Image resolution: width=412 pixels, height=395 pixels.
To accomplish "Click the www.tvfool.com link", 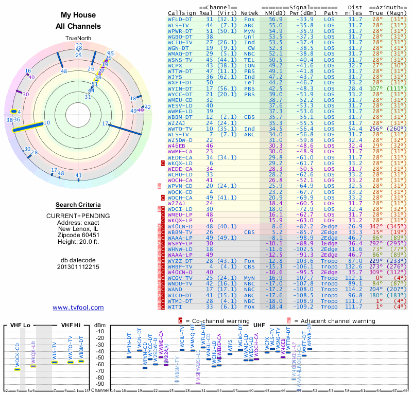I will point(78,308).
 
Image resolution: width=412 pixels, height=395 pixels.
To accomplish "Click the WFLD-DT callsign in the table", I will point(180,19).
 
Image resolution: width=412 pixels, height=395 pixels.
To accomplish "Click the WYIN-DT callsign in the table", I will point(180,88).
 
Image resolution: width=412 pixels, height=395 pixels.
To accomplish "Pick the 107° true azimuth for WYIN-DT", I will point(376,88).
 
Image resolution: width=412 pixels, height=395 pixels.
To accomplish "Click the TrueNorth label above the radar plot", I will point(78,39).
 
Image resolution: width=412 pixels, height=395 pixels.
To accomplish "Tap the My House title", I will point(78,15).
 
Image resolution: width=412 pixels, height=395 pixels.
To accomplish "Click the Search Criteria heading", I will point(78,205).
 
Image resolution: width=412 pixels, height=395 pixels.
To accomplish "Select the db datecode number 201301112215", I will point(78,267).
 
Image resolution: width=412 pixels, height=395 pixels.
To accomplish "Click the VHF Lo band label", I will point(19,325).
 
